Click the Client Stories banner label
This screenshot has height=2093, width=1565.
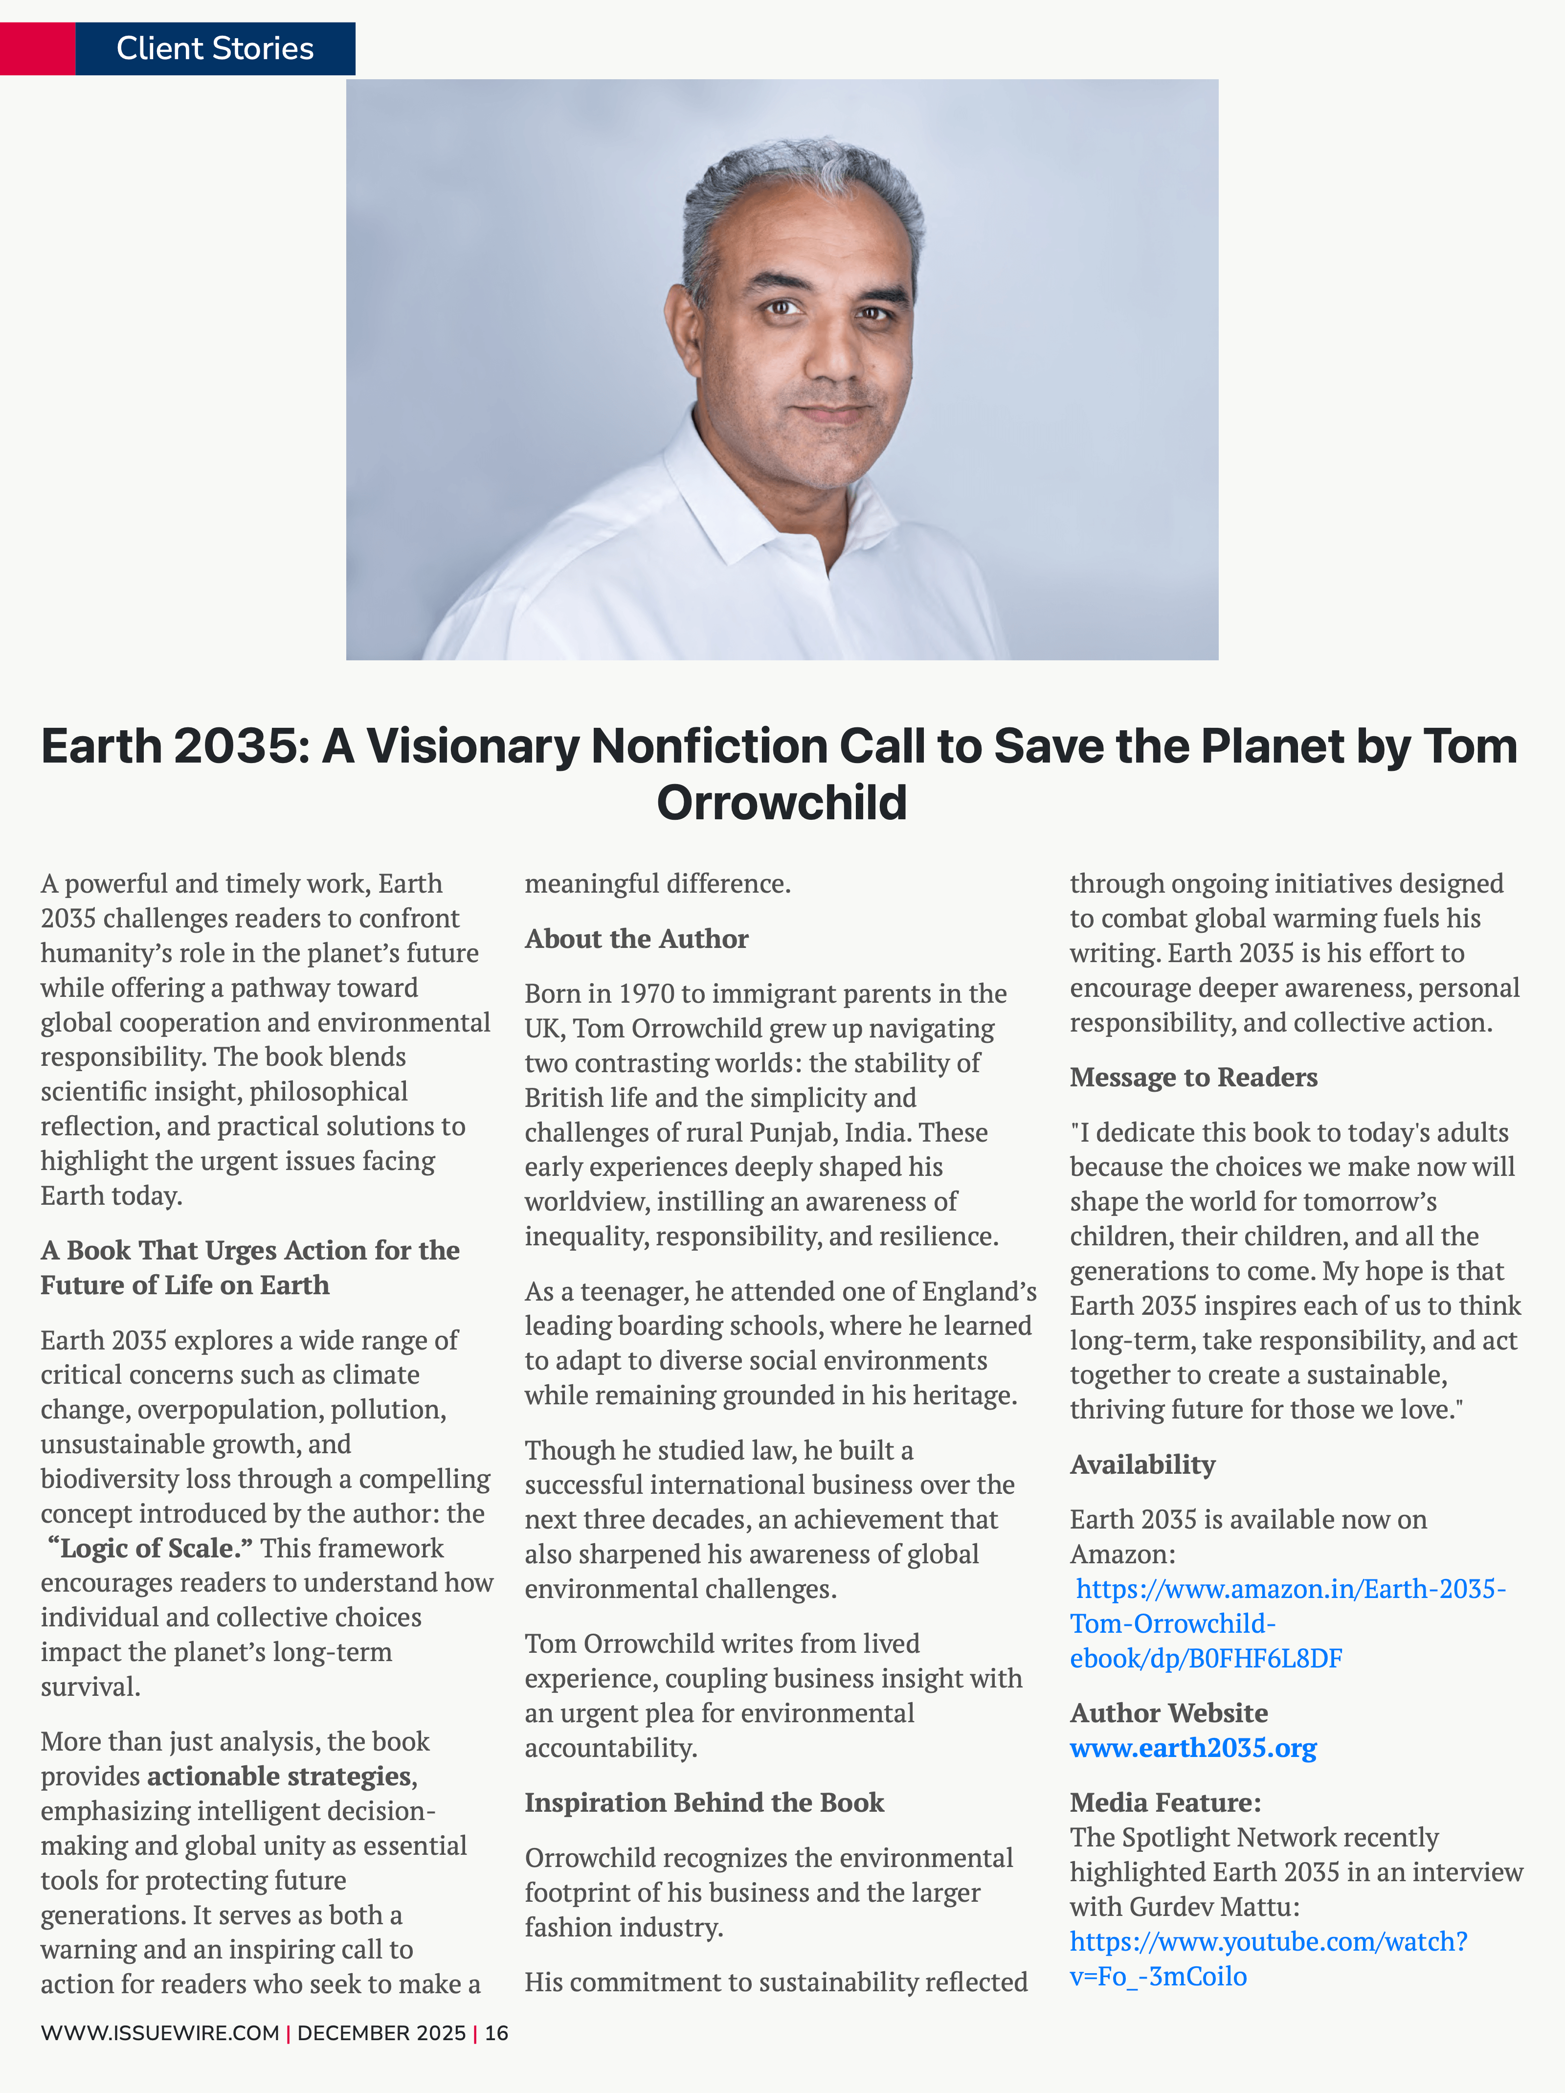coord(215,48)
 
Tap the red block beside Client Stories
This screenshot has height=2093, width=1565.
coord(37,48)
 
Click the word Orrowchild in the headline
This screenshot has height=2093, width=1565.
coord(782,802)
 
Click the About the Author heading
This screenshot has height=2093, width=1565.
coord(636,939)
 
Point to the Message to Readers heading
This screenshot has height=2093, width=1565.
coord(1193,1077)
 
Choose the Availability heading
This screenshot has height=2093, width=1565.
coord(1142,1465)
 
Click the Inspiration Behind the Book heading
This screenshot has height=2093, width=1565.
coord(704,1802)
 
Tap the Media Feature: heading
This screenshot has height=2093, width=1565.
coord(1165,1802)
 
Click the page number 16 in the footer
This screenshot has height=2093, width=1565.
coord(497,2032)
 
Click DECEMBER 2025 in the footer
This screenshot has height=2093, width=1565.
coord(381,2032)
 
